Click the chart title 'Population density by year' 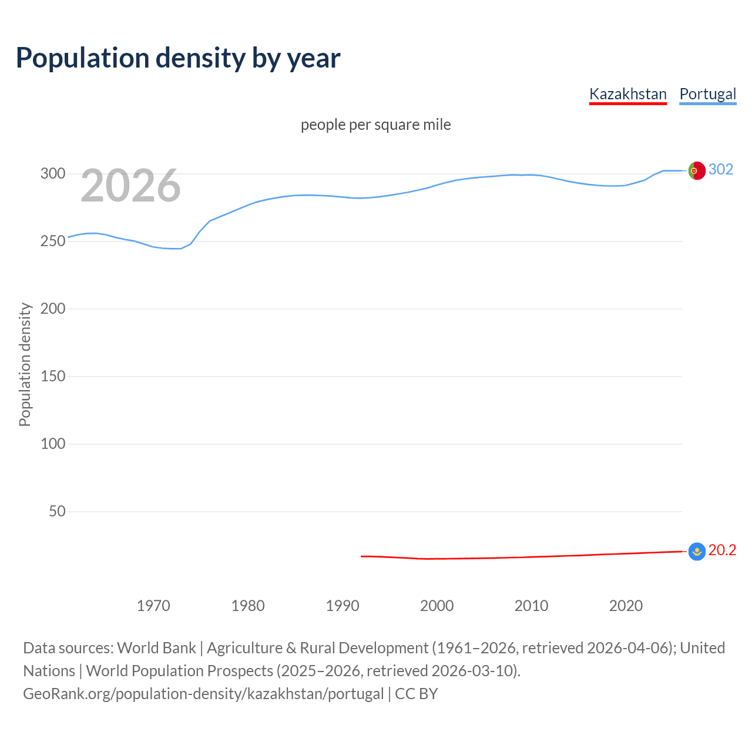tap(178, 58)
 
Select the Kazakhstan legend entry tap(627, 94)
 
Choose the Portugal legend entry tap(707, 94)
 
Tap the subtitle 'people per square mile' tap(375, 125)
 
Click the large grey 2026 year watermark tap(130, 186)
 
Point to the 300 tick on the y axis tap(52, 173)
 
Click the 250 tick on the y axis tap(52, 241)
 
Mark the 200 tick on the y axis tap(52, 308)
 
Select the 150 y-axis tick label tap(52, 376)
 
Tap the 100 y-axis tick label tap(52, 444)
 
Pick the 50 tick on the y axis tap(57, 511)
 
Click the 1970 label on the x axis tap(153, 606)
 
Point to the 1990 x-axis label tap(343, 606)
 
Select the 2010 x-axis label tap(531, 606)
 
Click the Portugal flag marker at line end tap(697, 170)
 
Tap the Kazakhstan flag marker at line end tap(697, 551)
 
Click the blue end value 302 tap(721, 169)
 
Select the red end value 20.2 tap(722, 550)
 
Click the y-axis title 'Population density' tap(25, 364)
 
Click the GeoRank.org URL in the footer tap(203, 693)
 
